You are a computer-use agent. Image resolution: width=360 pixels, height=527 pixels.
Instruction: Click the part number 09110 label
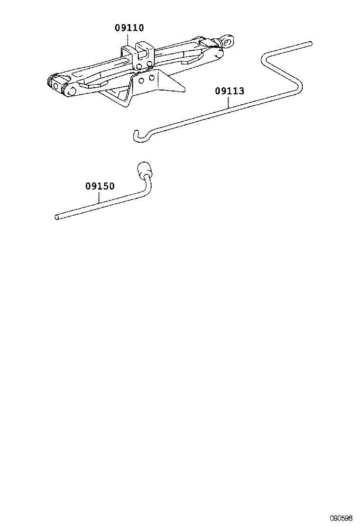click(129, 27)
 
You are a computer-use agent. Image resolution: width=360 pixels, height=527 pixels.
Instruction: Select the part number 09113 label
click(229, 91)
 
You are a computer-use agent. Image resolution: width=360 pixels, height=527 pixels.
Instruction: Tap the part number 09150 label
click(100, 186)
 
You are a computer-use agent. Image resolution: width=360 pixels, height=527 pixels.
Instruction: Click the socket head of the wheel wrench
click(143, 169)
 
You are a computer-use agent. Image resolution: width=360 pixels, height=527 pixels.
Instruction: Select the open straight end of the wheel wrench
click(57, 217)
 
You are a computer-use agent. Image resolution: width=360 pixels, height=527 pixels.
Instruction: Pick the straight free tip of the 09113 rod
click(311, 43)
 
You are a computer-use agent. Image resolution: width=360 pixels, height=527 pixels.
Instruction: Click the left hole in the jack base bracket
click(142, 80)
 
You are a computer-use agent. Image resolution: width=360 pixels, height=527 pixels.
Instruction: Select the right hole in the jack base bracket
click(152, 78)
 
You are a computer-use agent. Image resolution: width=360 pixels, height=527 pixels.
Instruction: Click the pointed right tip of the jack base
click(184, 90)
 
